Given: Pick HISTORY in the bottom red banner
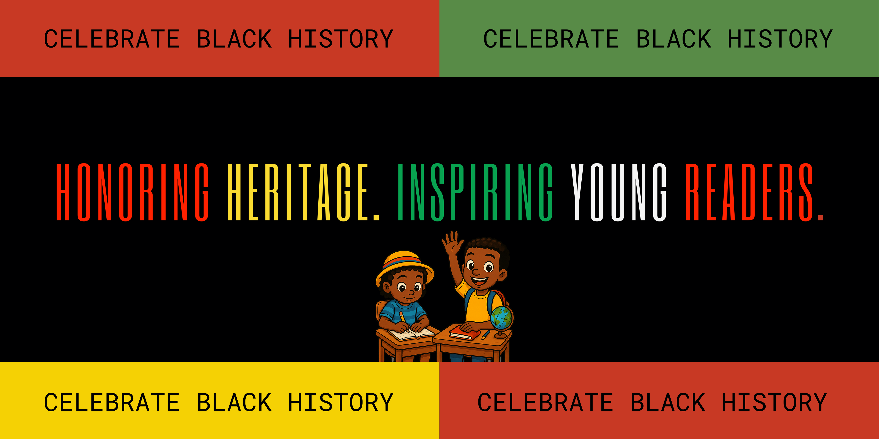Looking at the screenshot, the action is (774, 402).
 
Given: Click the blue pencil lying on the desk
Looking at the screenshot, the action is (485, 335).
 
